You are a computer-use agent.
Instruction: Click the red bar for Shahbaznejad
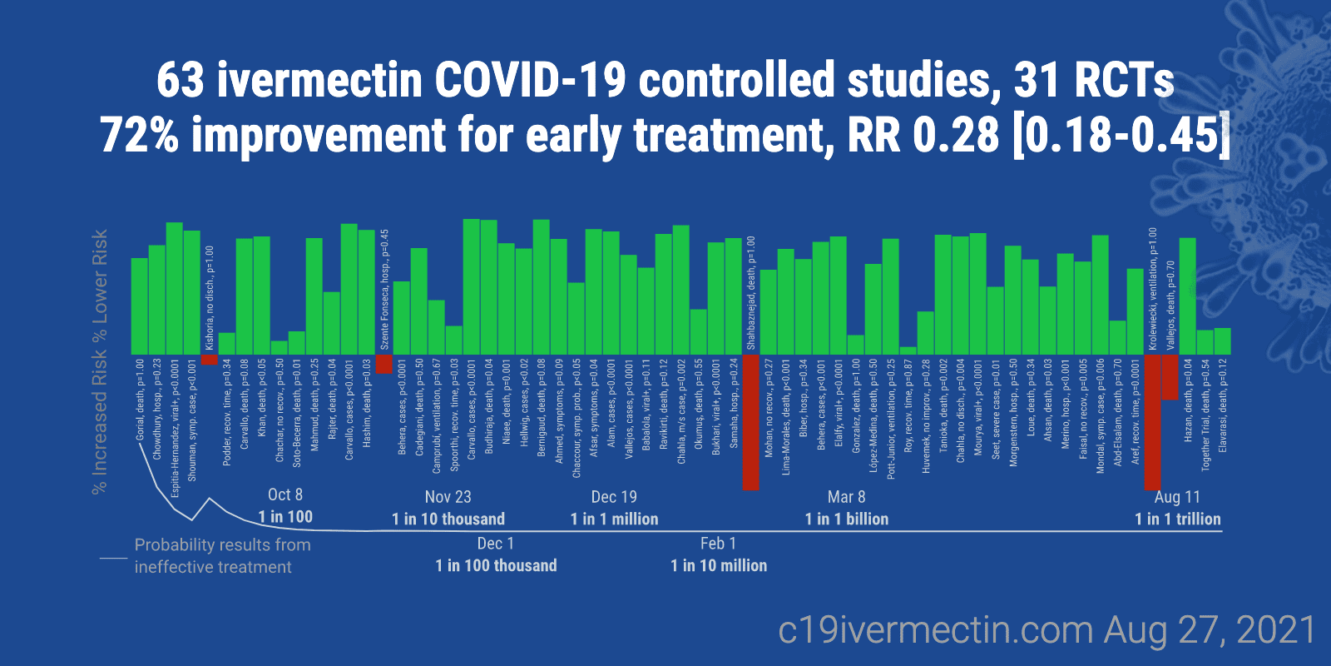750,422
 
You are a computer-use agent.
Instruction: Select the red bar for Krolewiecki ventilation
1152,422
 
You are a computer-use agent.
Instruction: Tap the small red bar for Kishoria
209,360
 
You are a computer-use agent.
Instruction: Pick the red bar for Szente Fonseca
383,364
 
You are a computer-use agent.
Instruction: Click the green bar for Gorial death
139,306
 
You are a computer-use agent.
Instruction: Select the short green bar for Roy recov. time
908,350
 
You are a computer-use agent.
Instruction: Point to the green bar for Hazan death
1187,296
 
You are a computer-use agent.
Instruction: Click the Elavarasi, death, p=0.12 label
1222,406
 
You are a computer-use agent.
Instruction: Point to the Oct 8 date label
285,495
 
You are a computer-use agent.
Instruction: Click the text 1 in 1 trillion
1177,519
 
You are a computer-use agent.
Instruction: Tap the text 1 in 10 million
719,565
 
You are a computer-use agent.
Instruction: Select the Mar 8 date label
846,497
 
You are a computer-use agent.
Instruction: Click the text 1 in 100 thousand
496,565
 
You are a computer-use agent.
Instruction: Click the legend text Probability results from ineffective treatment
222,555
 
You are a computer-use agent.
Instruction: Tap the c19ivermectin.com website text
935,630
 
